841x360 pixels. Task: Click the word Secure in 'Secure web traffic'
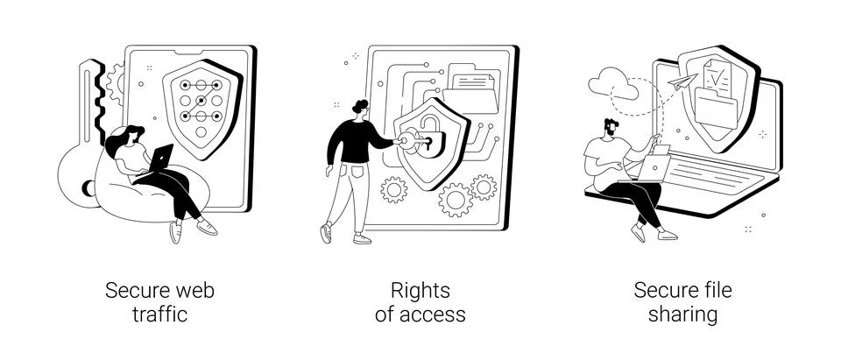point(135,290)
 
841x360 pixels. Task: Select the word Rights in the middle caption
point(420,290)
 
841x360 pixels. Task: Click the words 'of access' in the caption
point(420,314)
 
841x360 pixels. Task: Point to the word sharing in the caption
point(682,314)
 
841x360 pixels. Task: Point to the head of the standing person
point(359,109)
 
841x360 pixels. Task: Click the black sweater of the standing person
point(355,140)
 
